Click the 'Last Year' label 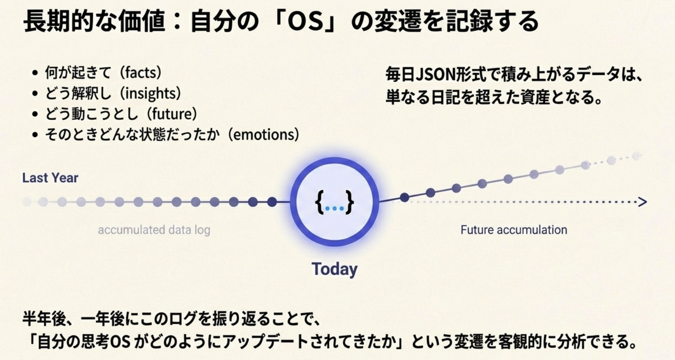pos(50,178)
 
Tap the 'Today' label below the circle pos(334,269)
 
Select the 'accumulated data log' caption pos(154,230)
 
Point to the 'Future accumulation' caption pos(514,230)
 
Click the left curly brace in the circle pos(320,201)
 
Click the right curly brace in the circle pos(350,201)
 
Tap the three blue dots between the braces pos(334,208)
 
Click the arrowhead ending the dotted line pos(643,201)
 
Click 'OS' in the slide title pos(306,21)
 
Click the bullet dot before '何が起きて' pos(35,73)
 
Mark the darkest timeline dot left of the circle pos(272,201)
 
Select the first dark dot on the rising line pos(404,197)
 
